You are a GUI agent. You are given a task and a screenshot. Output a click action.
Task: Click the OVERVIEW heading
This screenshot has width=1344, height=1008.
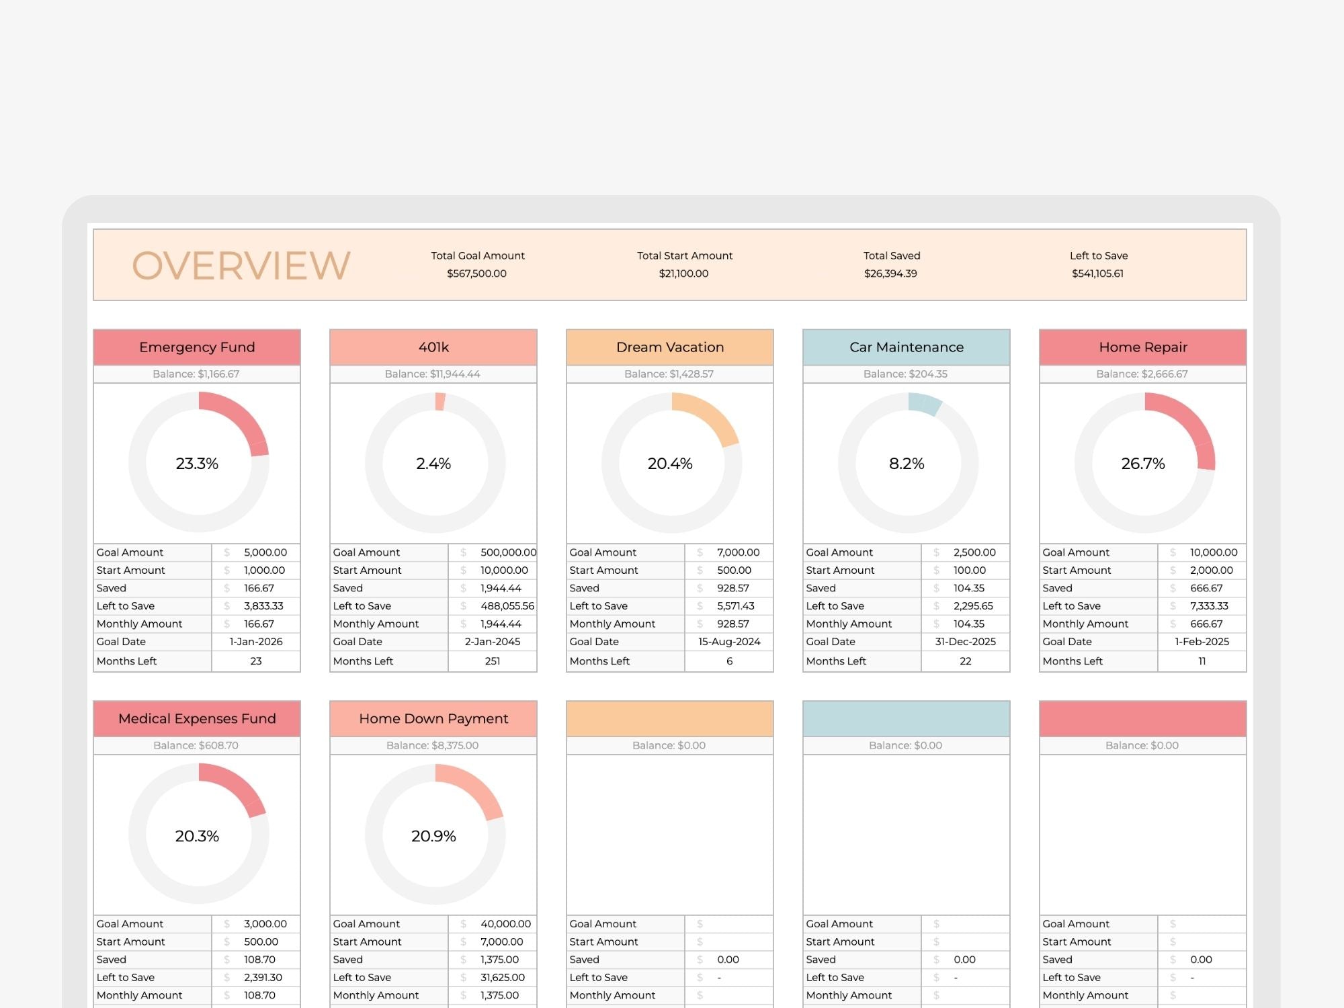coord(241,265)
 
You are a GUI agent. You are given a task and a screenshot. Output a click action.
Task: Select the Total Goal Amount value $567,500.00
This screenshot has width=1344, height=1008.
coord(476,274)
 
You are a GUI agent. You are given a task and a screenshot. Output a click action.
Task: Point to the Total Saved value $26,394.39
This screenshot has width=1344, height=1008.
coord(890,274)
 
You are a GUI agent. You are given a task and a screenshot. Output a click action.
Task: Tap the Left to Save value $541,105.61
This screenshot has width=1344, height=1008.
coord(1097,274)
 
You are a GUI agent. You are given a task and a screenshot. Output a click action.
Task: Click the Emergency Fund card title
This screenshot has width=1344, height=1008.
coord(197,347)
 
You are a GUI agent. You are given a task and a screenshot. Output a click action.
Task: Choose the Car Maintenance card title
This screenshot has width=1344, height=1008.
coord(906,347)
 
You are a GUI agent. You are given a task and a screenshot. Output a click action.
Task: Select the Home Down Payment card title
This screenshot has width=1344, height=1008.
coord(433,719)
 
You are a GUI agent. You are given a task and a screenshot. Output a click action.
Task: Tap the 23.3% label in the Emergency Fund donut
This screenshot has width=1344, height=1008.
coord(197,464)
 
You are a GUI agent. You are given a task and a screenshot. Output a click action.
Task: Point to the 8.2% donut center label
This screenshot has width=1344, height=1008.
coord(907,464)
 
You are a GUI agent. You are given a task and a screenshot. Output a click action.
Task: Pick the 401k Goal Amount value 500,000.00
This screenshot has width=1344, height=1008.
coord(508,552)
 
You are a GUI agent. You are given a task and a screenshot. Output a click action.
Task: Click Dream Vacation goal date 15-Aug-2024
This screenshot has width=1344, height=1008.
coord(729,642)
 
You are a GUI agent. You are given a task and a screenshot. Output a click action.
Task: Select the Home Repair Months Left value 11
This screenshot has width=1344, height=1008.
coord(1202,661)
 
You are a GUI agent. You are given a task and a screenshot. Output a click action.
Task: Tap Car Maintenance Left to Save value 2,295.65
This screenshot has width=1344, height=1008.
coord(972,606)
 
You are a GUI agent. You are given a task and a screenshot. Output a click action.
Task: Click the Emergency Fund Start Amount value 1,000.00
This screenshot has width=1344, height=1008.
coord(264,571)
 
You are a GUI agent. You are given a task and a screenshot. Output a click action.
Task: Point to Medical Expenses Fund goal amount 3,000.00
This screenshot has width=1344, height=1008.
coord(265,924)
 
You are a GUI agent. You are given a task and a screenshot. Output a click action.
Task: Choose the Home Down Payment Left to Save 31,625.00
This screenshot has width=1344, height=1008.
coord(502,978)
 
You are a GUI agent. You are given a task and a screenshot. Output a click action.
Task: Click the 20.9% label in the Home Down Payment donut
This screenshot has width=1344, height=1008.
coord(433,836)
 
